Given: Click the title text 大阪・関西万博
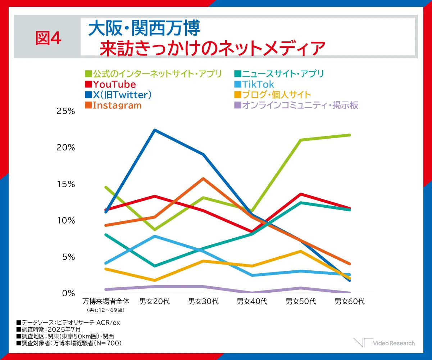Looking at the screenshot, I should tap(144, 28).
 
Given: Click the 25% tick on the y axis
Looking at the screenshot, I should tap(66, 111).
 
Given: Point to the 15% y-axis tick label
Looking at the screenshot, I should tap(66, 184).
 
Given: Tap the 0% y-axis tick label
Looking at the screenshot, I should tap(68, 293).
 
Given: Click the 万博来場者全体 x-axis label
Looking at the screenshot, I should tap(105, 301).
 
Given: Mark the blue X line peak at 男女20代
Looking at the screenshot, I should tap(155, 130).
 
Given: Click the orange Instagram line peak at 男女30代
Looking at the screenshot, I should tap(204, 179).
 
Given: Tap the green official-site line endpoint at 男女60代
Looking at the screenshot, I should tap(350, 135).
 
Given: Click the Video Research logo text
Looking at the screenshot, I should tap(394, 343).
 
